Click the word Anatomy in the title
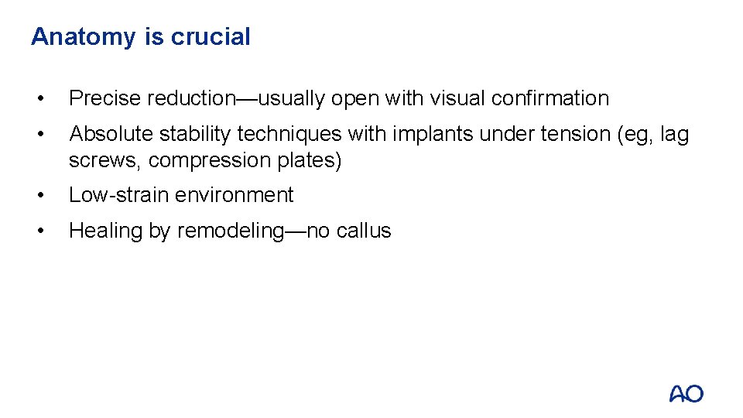tap(84, 37)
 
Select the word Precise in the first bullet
tap(105, 98)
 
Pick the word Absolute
tap(111, 134)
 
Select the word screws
tap(103, 160)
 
